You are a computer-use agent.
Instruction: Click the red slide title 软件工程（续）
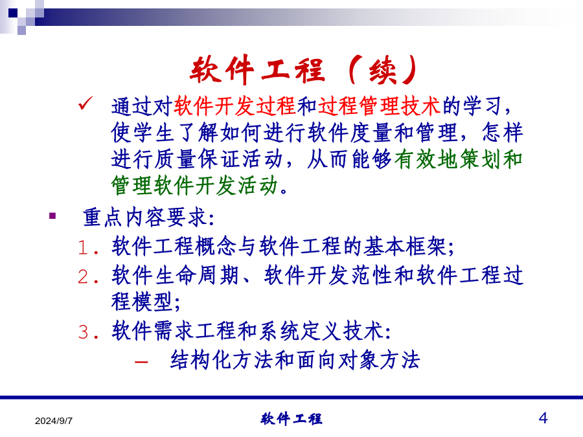click(x=304, y=69)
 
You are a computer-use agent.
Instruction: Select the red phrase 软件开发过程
click(x=234, y=106)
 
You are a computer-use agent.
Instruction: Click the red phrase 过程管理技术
click(x=380, y=106)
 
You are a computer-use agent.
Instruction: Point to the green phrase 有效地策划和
click(x=459, y=159)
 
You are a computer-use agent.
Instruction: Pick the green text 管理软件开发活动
click(x=194, y=185)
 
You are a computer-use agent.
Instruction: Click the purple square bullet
click(x=52, y=216)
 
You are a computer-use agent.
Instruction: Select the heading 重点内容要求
click(x=144, y=218)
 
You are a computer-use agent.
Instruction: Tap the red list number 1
click(x=84, y=247)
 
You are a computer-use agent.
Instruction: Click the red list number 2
click(x=84, y=276)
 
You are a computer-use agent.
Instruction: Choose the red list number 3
click(x=84, y=332)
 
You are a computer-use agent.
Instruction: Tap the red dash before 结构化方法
click(x=142, y=361)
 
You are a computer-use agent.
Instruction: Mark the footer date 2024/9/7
click(x=54, y=421)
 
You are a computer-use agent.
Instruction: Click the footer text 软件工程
click(x=291, y=419)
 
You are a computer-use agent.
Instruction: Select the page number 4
click(x=543, y=418)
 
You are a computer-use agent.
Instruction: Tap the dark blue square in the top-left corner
click(x=13, y=13)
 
